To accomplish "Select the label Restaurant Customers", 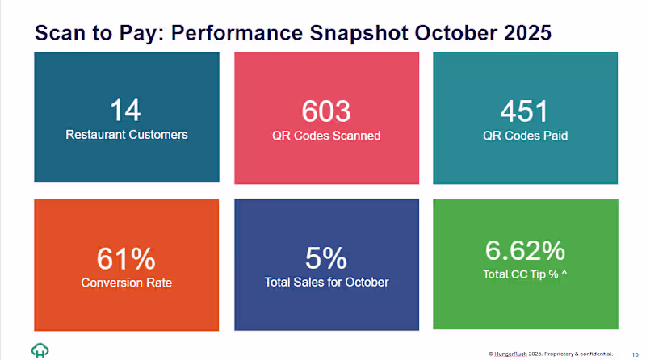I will (x=126, y=135).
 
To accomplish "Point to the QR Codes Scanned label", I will (x=326, y=136).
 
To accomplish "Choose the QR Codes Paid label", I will (x=525, y=136).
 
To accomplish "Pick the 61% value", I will (x=125, y=259).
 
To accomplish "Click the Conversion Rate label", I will (x=126, y=283).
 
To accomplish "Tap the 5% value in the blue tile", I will (x=326, y=259).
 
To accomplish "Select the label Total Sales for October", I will (x=326, y=283).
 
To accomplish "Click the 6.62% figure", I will (x=525, y=250).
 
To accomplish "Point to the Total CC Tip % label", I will (x=525, y=274).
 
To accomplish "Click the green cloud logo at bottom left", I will (x=40, y=350).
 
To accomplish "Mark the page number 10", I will (x=634, y=354).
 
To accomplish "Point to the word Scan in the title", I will (x=60, y=33).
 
